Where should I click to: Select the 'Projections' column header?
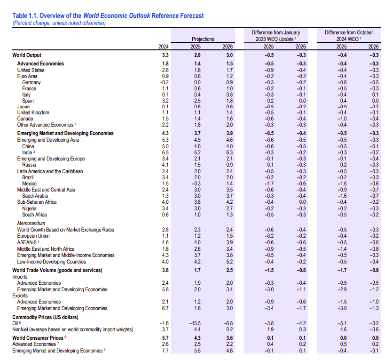coord(203,39)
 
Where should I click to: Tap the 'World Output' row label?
coord(27,56)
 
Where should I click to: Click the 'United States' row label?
coord(31,70)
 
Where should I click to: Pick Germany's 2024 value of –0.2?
coord(164,82)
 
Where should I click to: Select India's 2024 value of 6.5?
coord(165,152)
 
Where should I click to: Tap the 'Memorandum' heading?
coord(31,223)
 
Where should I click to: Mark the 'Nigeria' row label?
coord(30,208)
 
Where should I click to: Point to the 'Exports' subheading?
coord(20,296)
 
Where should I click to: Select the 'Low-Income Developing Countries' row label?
coord(51,262)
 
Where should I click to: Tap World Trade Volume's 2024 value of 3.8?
coord(165,270)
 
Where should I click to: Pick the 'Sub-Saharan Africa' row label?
coord(37,202)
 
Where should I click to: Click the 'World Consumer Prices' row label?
coord(38,338)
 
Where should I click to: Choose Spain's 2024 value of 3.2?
coord(165,101)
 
